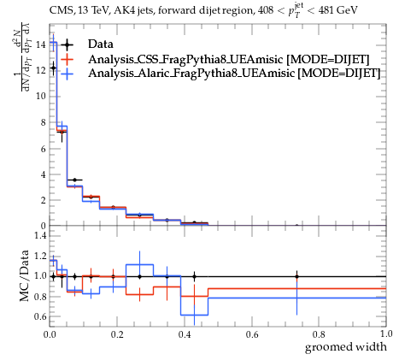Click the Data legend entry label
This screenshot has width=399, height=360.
tap(101, 44)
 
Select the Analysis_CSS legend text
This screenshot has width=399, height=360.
tap(229, 59)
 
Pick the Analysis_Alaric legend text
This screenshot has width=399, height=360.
tap(234, 73)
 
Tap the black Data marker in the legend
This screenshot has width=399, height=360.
tap(67, 44)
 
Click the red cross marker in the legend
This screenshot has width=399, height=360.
tap(67, 59)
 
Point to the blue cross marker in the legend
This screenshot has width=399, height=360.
tap(67, 74)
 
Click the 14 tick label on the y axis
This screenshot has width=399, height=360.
tap(40, 44)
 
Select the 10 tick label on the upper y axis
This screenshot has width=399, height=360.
tap(40, 97)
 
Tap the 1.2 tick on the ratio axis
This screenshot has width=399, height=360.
tap(40, 256)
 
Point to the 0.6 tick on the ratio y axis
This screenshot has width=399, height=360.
tap(40, 316)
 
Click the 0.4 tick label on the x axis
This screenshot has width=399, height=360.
tap(184, 334)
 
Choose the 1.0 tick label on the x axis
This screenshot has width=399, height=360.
tap(386, 334)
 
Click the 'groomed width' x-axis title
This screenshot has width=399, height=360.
tap(346, 347)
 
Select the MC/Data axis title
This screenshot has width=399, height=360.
tap(25, 275)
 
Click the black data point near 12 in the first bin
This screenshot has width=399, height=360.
tap(53, 68)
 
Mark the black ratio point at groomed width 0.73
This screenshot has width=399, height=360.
tap(296, 276)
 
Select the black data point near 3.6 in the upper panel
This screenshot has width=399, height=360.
tap(74, 180)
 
